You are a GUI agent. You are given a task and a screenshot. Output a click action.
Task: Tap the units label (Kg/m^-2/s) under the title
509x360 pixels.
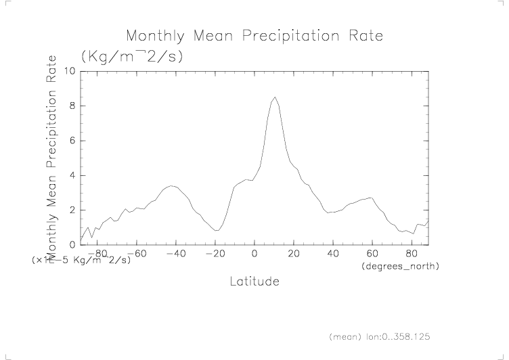(131, 56)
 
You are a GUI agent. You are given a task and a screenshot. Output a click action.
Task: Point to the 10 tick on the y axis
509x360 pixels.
(68, 71)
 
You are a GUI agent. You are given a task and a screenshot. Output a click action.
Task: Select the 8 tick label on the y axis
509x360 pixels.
(72, 106)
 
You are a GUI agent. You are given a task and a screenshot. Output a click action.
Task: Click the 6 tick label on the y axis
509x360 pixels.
(72, 141)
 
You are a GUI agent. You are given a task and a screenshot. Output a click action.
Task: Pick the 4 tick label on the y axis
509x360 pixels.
(72, 176)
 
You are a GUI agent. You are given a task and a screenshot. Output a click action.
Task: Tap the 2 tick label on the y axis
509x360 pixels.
(72, 210)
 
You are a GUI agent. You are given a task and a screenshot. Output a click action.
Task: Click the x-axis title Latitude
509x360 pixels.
(254, 281)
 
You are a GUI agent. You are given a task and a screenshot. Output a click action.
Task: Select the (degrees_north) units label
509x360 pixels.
(400, 267)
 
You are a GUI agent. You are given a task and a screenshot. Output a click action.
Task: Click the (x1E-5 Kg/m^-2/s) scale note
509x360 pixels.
(81, 260)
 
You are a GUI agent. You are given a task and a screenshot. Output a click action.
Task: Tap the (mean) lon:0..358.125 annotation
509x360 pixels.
(379, 336)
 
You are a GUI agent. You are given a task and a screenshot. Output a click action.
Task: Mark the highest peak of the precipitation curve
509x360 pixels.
(274, 97)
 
